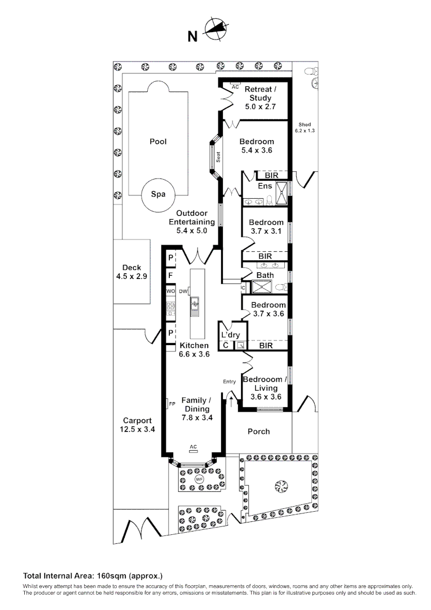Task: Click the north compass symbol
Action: click(x=216, y=29)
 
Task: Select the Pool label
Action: click(x=158, y=142)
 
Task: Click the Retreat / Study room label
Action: click(x=261, y=94)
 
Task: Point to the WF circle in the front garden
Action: click(x=199, y=480)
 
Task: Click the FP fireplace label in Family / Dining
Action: click(x=172, y=404)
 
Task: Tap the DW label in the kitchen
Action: click(x=183, y=291)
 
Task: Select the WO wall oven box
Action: click(x=170, y=291)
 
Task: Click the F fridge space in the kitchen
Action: click(x=170, y=276)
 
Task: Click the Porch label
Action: click(x=259, y=432)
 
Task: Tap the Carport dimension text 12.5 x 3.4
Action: click(x=138, y=429)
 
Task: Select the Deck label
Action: click(x=132, y=268)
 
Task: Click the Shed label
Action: click(x=305, y=124)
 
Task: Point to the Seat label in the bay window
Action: click(x=218, y=157)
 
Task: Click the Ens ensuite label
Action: click(x=265, y=186)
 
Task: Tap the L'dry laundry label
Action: click(x=231, y=335)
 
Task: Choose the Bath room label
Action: click(x=265, y=276)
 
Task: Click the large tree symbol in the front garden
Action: click(x=280, y=486)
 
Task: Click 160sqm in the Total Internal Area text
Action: click(x=111, y=576)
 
